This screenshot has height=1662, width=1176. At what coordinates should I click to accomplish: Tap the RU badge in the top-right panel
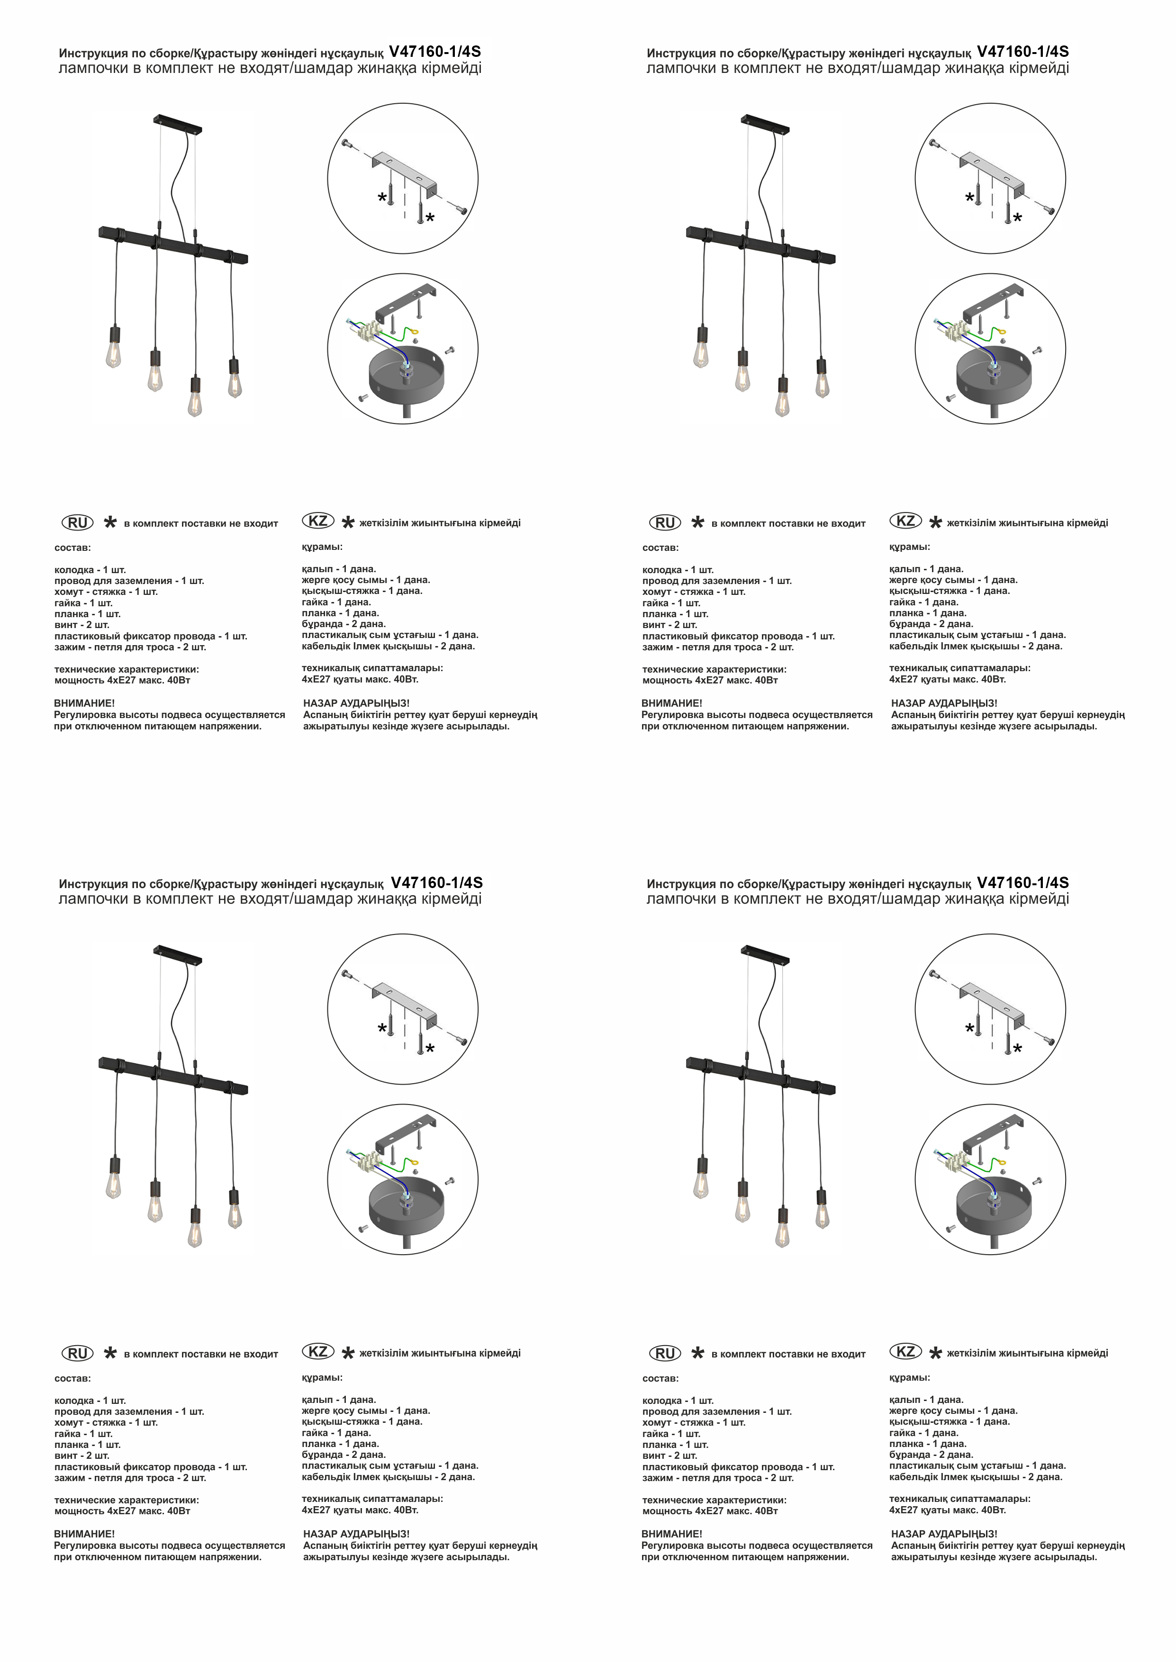click(665, 522)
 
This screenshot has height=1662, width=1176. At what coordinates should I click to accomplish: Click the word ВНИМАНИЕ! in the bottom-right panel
click(672, 1533)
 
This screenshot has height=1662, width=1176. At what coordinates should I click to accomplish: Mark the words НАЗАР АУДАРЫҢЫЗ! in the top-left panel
click(356, 703)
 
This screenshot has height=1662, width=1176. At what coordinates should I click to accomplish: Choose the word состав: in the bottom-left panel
click(73, 1378)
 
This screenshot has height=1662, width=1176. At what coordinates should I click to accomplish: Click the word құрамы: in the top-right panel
click(910, 547)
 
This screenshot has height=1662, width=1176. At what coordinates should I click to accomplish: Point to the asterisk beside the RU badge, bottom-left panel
click(110, 1353)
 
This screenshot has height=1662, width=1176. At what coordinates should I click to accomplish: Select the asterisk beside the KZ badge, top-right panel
click(936, 522)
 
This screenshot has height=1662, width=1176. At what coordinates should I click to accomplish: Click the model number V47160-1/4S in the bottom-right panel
click(1022, 882)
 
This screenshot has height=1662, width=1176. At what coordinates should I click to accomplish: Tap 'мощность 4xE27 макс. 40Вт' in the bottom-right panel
click(710, 1511)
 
